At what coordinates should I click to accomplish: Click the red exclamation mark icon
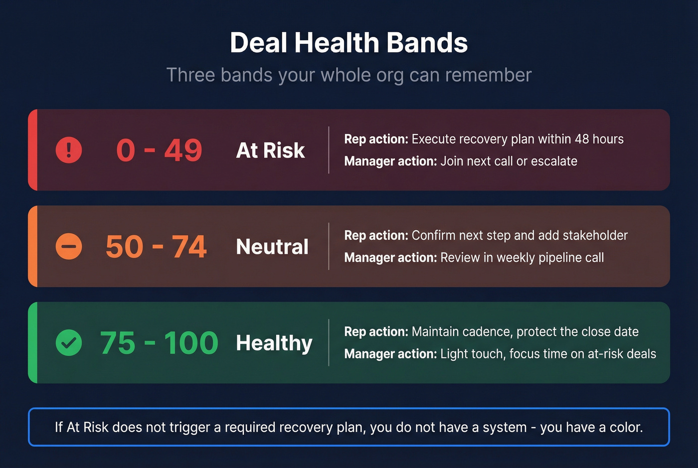tap(69, 150)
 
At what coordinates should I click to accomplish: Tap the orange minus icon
tap(69, 246)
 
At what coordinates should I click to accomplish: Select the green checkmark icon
tap(69, 343)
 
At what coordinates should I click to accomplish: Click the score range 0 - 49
tap(159, 150)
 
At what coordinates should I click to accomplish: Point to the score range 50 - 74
tap(156, 246)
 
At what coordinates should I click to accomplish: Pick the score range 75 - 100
tap(159, 343)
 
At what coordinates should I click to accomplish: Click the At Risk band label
tap(270, 151)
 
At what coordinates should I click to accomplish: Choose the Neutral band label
tap(272, 247)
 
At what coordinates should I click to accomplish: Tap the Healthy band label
tap(274, 343)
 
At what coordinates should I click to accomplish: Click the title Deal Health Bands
tap(349, 43)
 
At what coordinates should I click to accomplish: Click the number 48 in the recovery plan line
tap(581, 139)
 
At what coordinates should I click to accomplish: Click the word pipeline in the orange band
tap(554, 258)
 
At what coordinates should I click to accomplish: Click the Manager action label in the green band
tap(390, 354)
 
